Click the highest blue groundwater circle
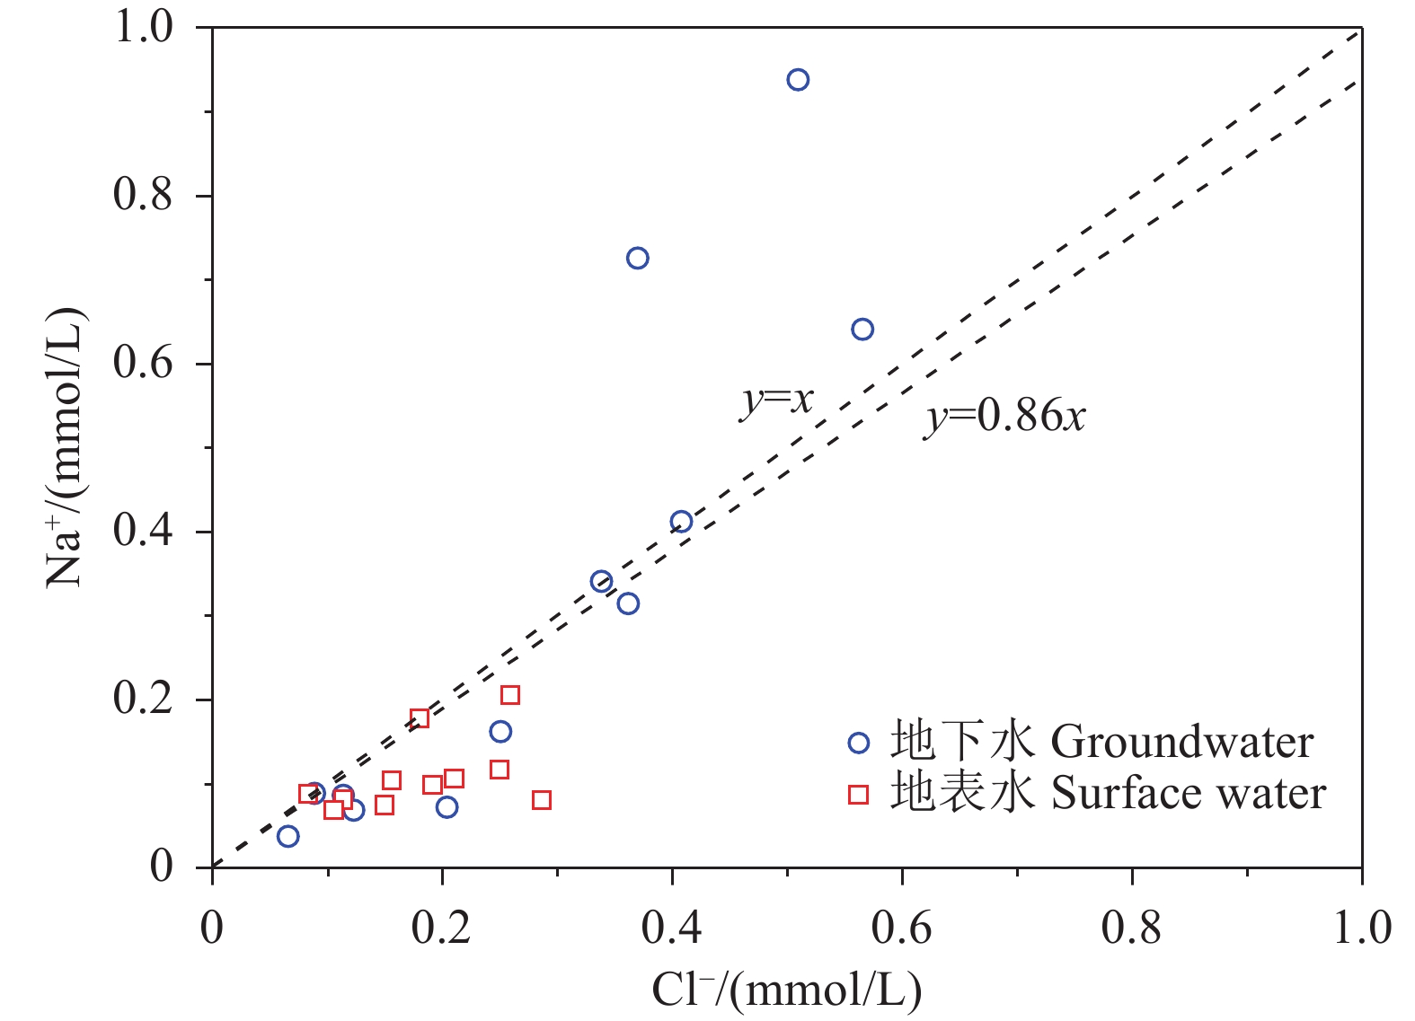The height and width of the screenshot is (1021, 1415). point(798,80)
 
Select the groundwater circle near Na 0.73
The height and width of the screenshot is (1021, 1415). point(637,259)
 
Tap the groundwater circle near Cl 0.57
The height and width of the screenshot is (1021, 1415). point(862,330)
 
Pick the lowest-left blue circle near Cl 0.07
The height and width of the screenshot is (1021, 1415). point(287,836)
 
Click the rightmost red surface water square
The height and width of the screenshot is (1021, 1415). point(541,800)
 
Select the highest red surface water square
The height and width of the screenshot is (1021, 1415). point(509,695)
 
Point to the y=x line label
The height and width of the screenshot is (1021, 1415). point(776,399)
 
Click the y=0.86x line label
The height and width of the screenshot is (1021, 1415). point(1004,417)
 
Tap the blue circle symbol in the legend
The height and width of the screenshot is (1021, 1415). point(859,743)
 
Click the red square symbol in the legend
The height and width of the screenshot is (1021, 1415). point(859,794)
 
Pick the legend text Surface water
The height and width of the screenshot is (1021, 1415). point(1188,794)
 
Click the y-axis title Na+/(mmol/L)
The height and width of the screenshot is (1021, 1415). point(66,447)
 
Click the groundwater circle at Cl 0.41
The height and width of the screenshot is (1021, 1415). point(681,522)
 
